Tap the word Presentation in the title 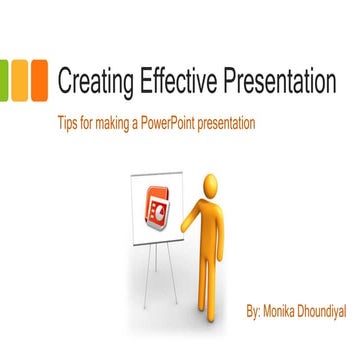coord(279,81)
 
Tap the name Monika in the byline coord(286,314)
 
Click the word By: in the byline coord(256,314)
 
